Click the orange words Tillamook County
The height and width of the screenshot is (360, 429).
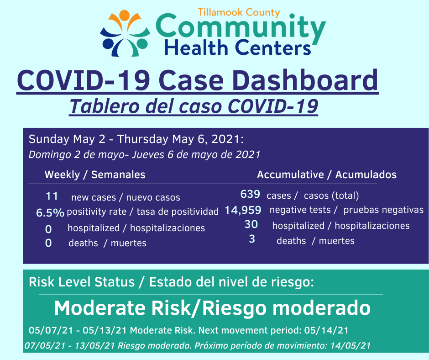(x=239, y=13)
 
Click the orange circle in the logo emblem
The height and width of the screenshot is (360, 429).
(x=124, y=15)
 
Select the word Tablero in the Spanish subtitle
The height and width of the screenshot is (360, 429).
(x=104, y=106)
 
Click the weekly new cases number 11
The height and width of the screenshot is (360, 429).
(x=52, y=196)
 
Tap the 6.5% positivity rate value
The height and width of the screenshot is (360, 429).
(x=50, y=212)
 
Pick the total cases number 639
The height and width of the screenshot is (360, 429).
(x=250, y=194)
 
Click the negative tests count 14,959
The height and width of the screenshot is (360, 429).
(x=243, y=210)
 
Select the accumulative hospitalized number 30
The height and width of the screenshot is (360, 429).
(x=251, y=224)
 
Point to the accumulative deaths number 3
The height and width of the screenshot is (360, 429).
(x=252, y=239)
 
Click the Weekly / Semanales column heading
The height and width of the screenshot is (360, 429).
(x=95, y=175)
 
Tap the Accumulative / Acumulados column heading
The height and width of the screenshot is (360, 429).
(x=327, y=175)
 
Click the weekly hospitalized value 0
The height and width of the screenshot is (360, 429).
(x=48, y=229)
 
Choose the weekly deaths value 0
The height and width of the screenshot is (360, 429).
(x=48, y=243)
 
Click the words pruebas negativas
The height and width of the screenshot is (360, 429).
(x=383, y=210)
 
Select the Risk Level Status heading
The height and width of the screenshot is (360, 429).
(x=82, y=282)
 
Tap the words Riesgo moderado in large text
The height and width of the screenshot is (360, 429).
(x=286, y=308)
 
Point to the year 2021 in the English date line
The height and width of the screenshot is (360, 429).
(x=225, y=139)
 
